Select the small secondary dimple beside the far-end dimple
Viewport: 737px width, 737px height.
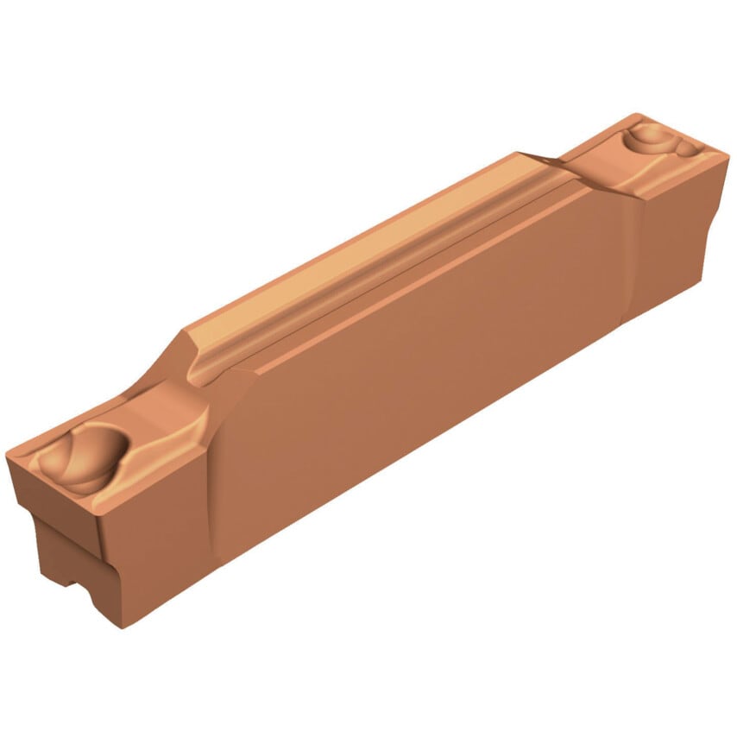pos(688,148)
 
